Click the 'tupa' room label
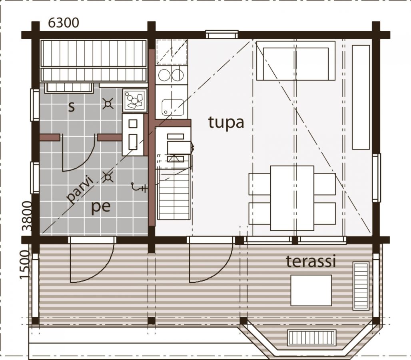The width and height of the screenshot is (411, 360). (226, 122)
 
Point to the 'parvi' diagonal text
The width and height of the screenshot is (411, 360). (80, 189)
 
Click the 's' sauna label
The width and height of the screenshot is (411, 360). (71, 107)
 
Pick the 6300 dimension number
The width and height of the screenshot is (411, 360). (64, 23)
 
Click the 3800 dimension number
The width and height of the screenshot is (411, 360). (27, 216)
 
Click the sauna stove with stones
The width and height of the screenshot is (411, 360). (135, 100)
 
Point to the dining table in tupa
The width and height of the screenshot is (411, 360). (292, 198)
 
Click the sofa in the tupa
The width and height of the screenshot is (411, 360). (296, 60)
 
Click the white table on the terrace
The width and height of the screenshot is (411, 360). (311, 290)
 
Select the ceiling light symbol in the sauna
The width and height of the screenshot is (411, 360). (108, 104)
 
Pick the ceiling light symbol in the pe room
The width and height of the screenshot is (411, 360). (107, 177)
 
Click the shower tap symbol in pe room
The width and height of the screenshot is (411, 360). (139, 187)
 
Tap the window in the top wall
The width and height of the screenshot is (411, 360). (222, 34)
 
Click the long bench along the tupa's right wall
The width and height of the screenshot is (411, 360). (361, 97)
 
